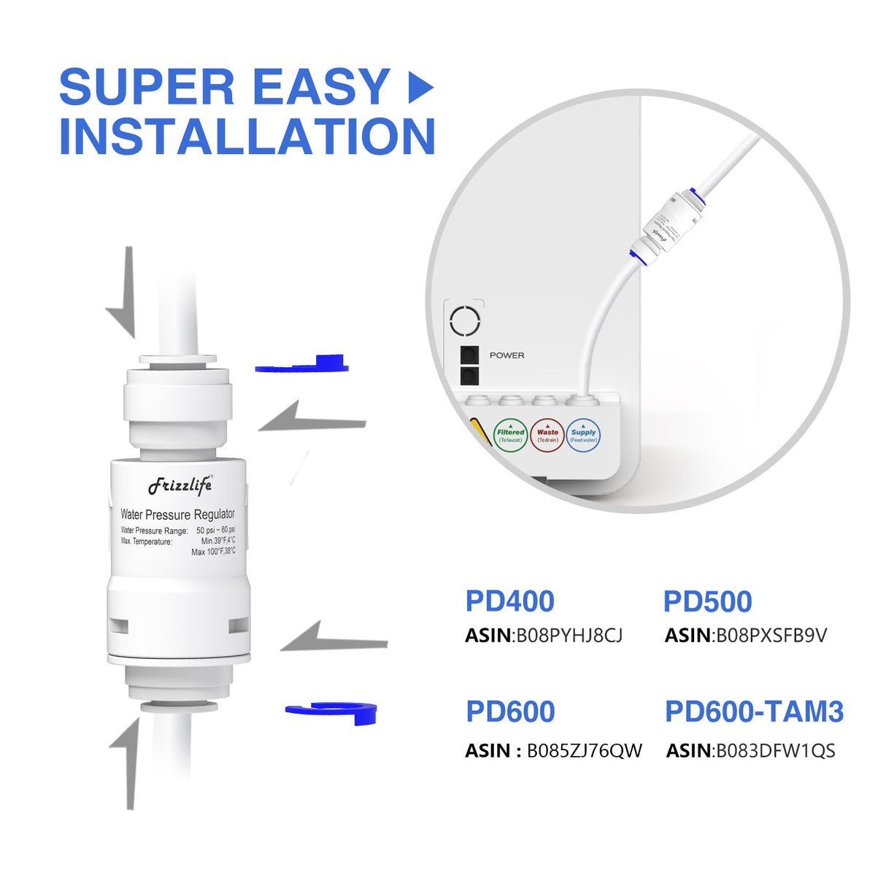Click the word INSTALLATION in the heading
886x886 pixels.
247,136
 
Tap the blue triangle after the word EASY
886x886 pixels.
420,88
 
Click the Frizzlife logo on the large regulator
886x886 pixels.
180,485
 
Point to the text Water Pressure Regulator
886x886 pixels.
177,515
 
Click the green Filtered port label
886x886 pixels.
510,436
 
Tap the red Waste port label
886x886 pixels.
547,436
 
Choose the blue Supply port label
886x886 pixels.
583,436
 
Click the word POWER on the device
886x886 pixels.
506,355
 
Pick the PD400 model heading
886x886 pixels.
509,601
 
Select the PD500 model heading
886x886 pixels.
707,601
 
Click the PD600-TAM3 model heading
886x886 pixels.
754,712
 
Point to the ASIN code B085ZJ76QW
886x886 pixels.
585,751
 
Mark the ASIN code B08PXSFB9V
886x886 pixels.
771,636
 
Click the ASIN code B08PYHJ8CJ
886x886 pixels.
569,636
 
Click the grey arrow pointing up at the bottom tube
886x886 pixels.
127,763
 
